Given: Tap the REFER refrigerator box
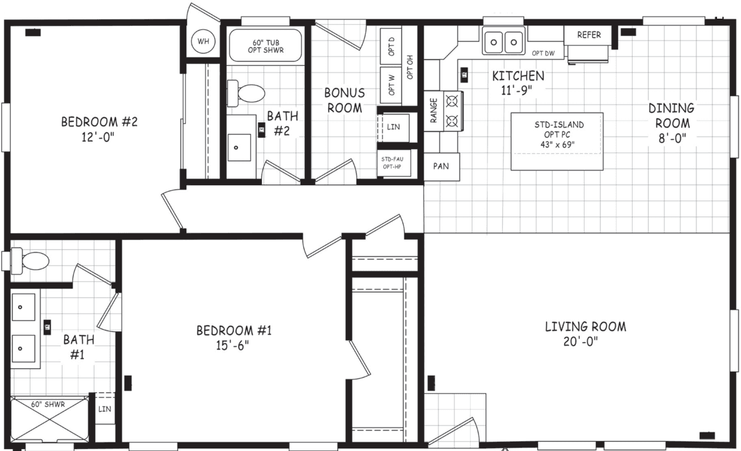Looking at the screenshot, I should tap(588, 35).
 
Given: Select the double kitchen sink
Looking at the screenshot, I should tap(503, 43).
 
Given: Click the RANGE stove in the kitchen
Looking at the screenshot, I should tap(443, 111).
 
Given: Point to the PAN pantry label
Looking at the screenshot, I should tap(441, 167).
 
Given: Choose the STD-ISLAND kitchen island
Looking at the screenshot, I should tap(557, 141).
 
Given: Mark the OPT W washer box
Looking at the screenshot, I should tap(392, 85).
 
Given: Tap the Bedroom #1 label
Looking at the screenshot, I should tap(233, 330).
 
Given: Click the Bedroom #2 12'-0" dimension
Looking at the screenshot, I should tap(100, 139).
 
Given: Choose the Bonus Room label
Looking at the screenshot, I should tap(344, 100).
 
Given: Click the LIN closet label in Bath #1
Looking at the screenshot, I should tap(104, 409).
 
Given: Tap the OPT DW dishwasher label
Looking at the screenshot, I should tap(543, 53).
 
